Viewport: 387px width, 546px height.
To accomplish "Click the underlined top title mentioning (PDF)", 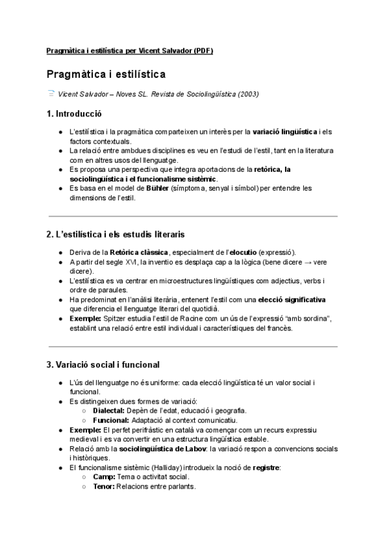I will click(130, 51).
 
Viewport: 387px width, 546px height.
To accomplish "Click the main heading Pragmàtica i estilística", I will click(106, 75).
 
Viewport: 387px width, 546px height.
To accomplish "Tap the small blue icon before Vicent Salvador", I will click(51, 93).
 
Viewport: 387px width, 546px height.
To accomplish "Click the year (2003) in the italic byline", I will click(248, 94).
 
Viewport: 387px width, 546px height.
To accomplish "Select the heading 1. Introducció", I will click(74, 115).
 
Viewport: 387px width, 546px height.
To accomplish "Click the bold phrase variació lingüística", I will click(286, 132).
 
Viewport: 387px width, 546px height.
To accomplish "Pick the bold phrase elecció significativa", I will click(292, 299).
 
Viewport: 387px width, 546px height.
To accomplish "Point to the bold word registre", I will click(266, 467).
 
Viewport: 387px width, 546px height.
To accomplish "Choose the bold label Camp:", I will click(104, 476).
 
